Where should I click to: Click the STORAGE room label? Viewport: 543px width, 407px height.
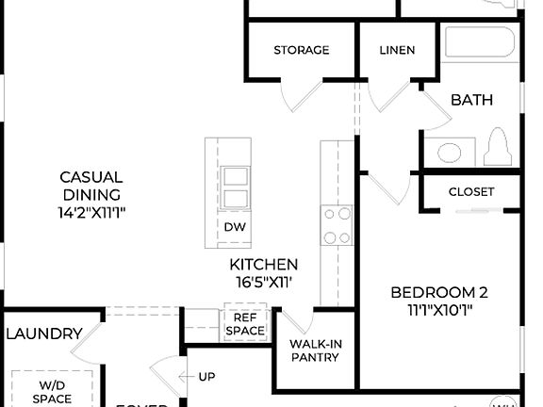point(301,50)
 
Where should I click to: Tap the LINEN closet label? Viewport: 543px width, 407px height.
point(396,50)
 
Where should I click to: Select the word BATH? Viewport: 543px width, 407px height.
point(471,100)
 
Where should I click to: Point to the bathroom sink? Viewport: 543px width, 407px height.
point(448,153)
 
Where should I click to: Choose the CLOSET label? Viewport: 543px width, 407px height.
point(470,191)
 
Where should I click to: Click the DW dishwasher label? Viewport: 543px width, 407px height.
point(234,227)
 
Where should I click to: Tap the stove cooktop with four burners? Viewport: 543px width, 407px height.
point(337,225)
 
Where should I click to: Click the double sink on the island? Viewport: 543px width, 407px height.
point(235,187)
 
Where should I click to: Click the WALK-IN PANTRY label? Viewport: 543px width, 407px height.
point(315,350)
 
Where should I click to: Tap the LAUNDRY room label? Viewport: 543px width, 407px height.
point(43,334)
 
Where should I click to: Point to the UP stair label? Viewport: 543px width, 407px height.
point(206,378)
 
